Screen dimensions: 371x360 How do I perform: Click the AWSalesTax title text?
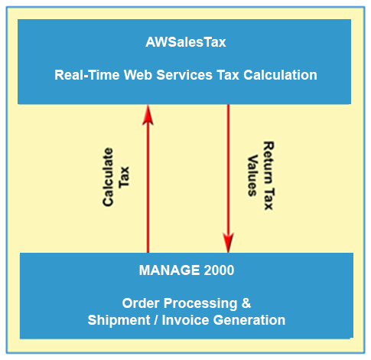coord(186,42)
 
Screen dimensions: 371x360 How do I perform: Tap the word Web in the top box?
coord(138,75)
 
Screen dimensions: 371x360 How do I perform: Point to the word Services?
coord(184,75)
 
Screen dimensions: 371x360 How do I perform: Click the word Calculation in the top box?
coord(280,75)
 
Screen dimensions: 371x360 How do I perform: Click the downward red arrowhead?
coord(228,242)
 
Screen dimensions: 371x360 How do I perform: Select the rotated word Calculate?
coord(108,177)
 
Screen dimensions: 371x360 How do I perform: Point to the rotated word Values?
coord(252,175)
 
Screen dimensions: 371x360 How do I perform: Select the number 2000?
coord(219,270)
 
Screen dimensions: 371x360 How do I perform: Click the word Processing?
coord(200,304)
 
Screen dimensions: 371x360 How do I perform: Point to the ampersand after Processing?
coord(246,303)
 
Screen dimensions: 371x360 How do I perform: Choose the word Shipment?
coord(119,320)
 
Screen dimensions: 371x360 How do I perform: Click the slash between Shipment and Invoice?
coord(156,320)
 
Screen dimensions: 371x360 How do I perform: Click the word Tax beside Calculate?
coord(124,177)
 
